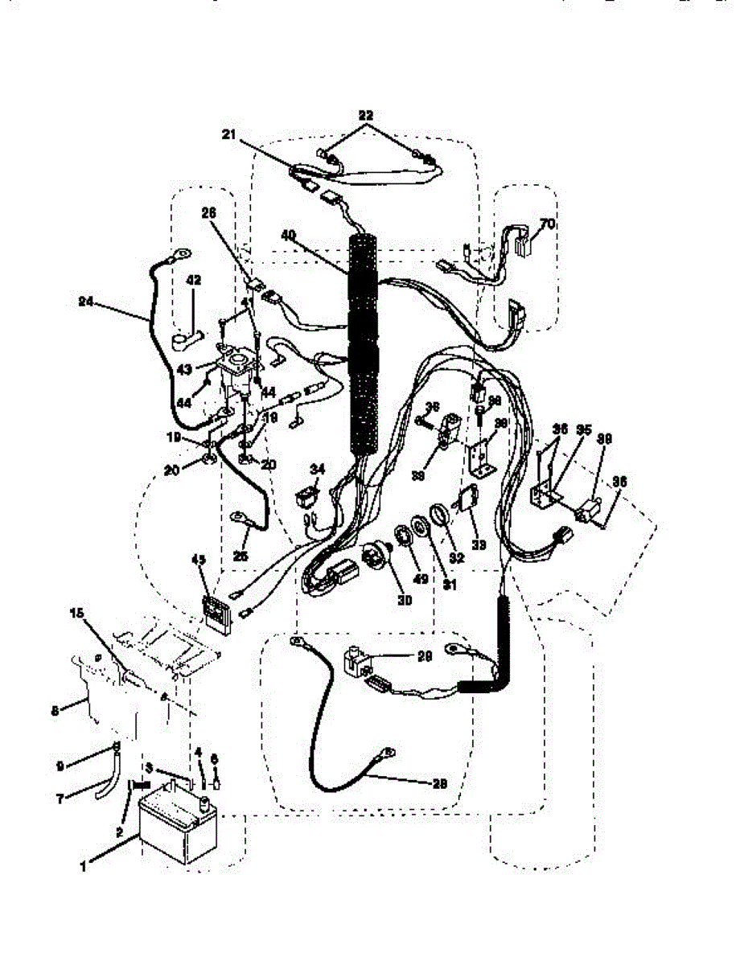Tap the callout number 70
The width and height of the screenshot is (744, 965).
[546, 224]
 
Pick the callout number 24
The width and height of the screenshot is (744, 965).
[87, 303]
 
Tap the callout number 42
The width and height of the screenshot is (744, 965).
[194, 281]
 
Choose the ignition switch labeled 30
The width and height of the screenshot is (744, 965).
[376, 555]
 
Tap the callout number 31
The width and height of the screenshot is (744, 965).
[449, 585]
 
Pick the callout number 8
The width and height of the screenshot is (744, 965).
[55, 710]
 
